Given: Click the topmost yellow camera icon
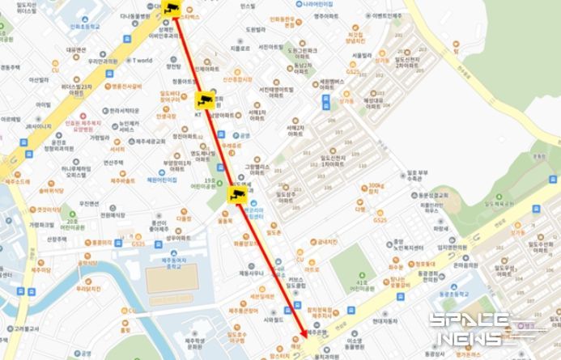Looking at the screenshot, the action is [171, 8].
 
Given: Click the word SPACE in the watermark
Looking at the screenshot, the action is [457, 321].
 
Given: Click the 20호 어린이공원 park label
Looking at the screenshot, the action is [72, 223].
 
